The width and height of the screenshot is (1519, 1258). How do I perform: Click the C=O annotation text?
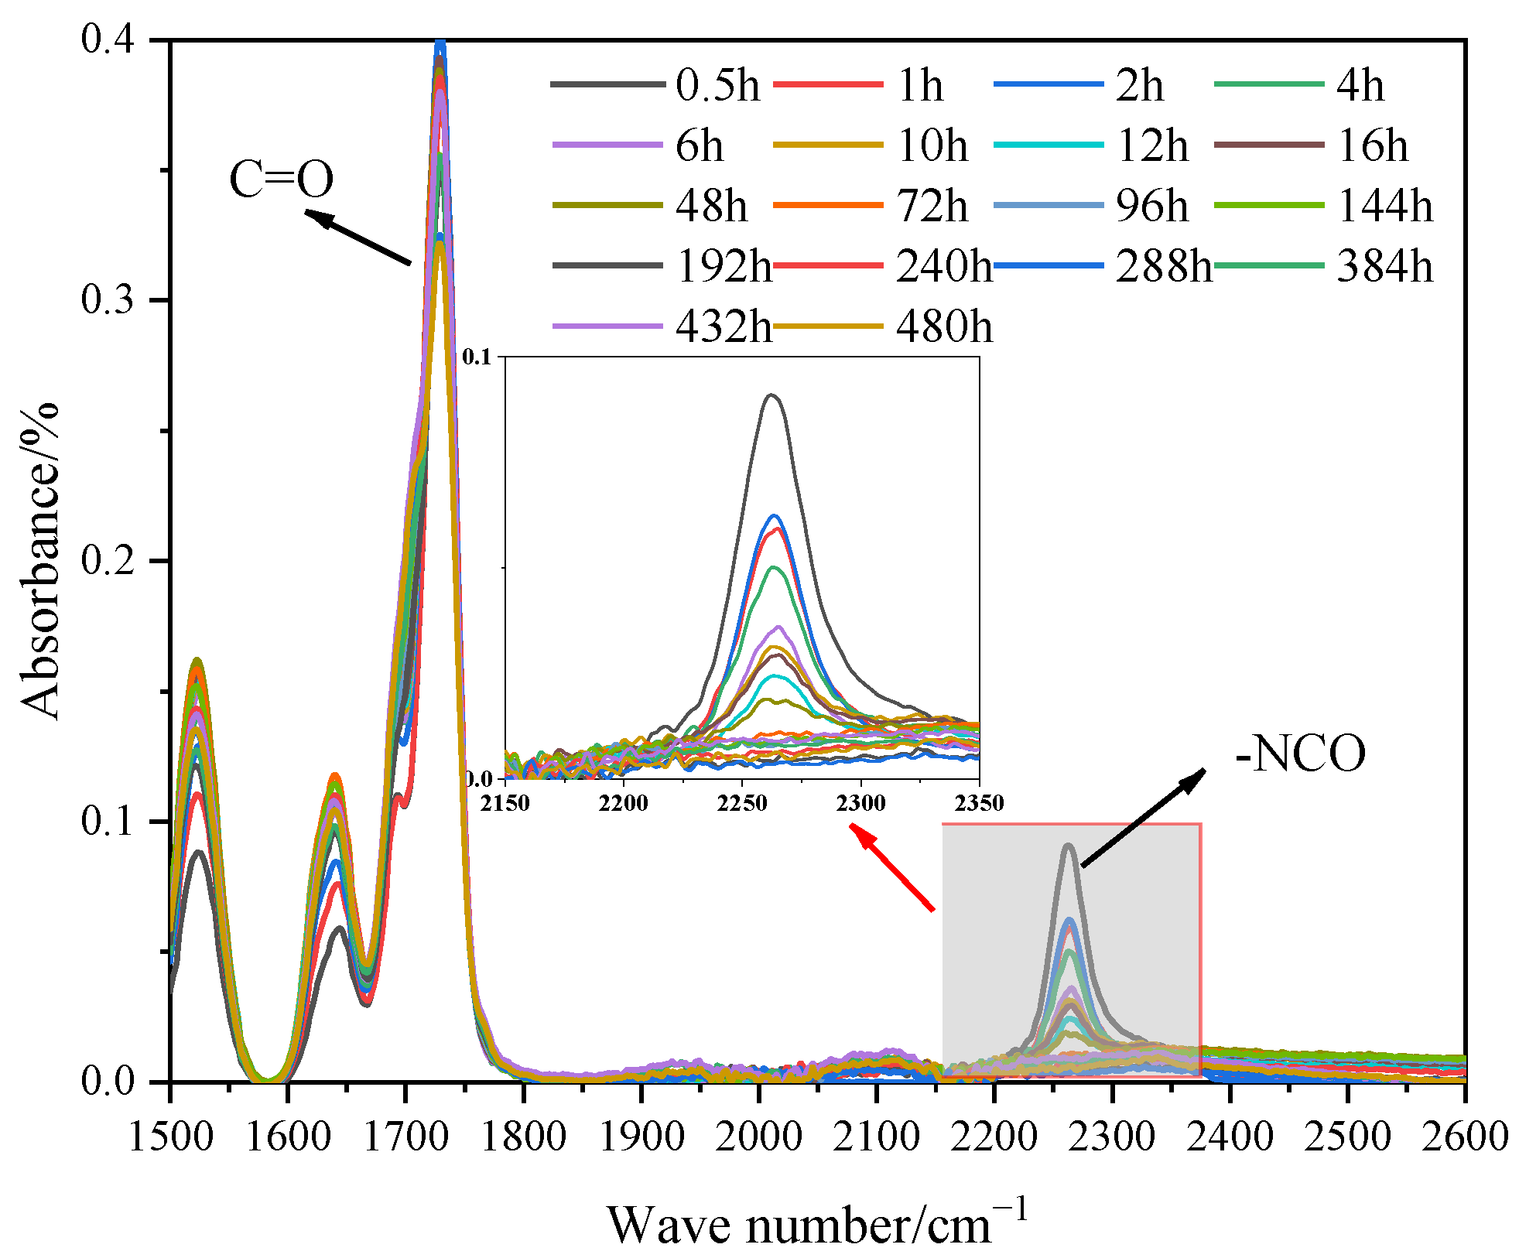click(281, 179)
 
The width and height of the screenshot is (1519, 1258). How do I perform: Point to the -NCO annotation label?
click(1300, 754)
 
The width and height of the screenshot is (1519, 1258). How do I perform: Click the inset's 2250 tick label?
click(741, 803)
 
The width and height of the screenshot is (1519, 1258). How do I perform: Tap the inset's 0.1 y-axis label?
click(477, 357)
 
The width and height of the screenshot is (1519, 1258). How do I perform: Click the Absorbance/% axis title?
click(40, 561)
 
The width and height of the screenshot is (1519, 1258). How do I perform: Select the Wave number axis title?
click(817, 1225)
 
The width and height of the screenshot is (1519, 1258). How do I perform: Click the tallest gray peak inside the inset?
click(771, 395)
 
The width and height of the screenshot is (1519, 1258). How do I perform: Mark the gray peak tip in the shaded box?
click(1069, 845)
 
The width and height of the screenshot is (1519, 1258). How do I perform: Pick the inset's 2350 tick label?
click(978, 803)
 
